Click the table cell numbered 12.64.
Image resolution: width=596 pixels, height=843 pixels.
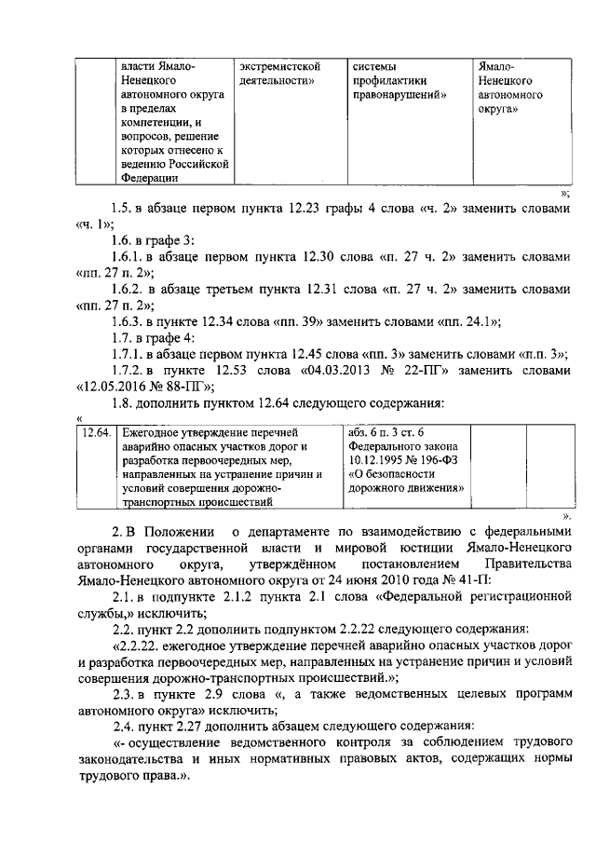pyautogui.click(x=96, y=433)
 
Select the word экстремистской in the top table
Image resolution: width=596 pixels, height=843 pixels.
pyautogui.click(x=280, y=66)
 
